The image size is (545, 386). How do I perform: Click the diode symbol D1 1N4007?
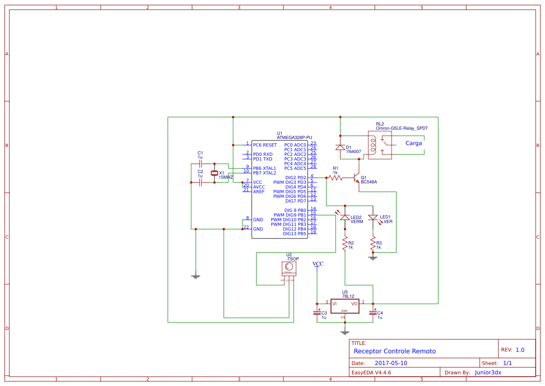(340, 147)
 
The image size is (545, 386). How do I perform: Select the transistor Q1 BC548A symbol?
(357, 178)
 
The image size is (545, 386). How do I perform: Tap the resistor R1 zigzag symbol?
(335, 177)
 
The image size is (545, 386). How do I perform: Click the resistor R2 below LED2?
(345, 243)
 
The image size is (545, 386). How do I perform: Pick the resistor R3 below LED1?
(373, 243)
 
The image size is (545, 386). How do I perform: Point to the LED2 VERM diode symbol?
(345, 218)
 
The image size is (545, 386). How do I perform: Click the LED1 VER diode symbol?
(373, 218)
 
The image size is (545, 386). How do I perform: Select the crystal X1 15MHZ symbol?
(214, 173)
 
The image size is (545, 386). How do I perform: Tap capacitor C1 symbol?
(200, 164)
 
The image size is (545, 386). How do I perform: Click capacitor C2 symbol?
(200, 182)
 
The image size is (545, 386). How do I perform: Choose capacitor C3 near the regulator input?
(317, 312)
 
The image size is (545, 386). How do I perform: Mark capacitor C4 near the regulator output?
(373, 312)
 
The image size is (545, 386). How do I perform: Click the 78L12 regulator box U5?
(345, 306)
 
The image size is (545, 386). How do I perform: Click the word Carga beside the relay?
(414, 143)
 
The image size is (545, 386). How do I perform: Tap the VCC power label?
(317, 264)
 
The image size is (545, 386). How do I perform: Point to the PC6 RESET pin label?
(265, 145)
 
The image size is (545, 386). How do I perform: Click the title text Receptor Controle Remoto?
(395, 351)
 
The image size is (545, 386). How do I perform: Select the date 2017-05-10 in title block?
(391, 363)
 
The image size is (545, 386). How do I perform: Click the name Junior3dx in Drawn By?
(488, 372)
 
